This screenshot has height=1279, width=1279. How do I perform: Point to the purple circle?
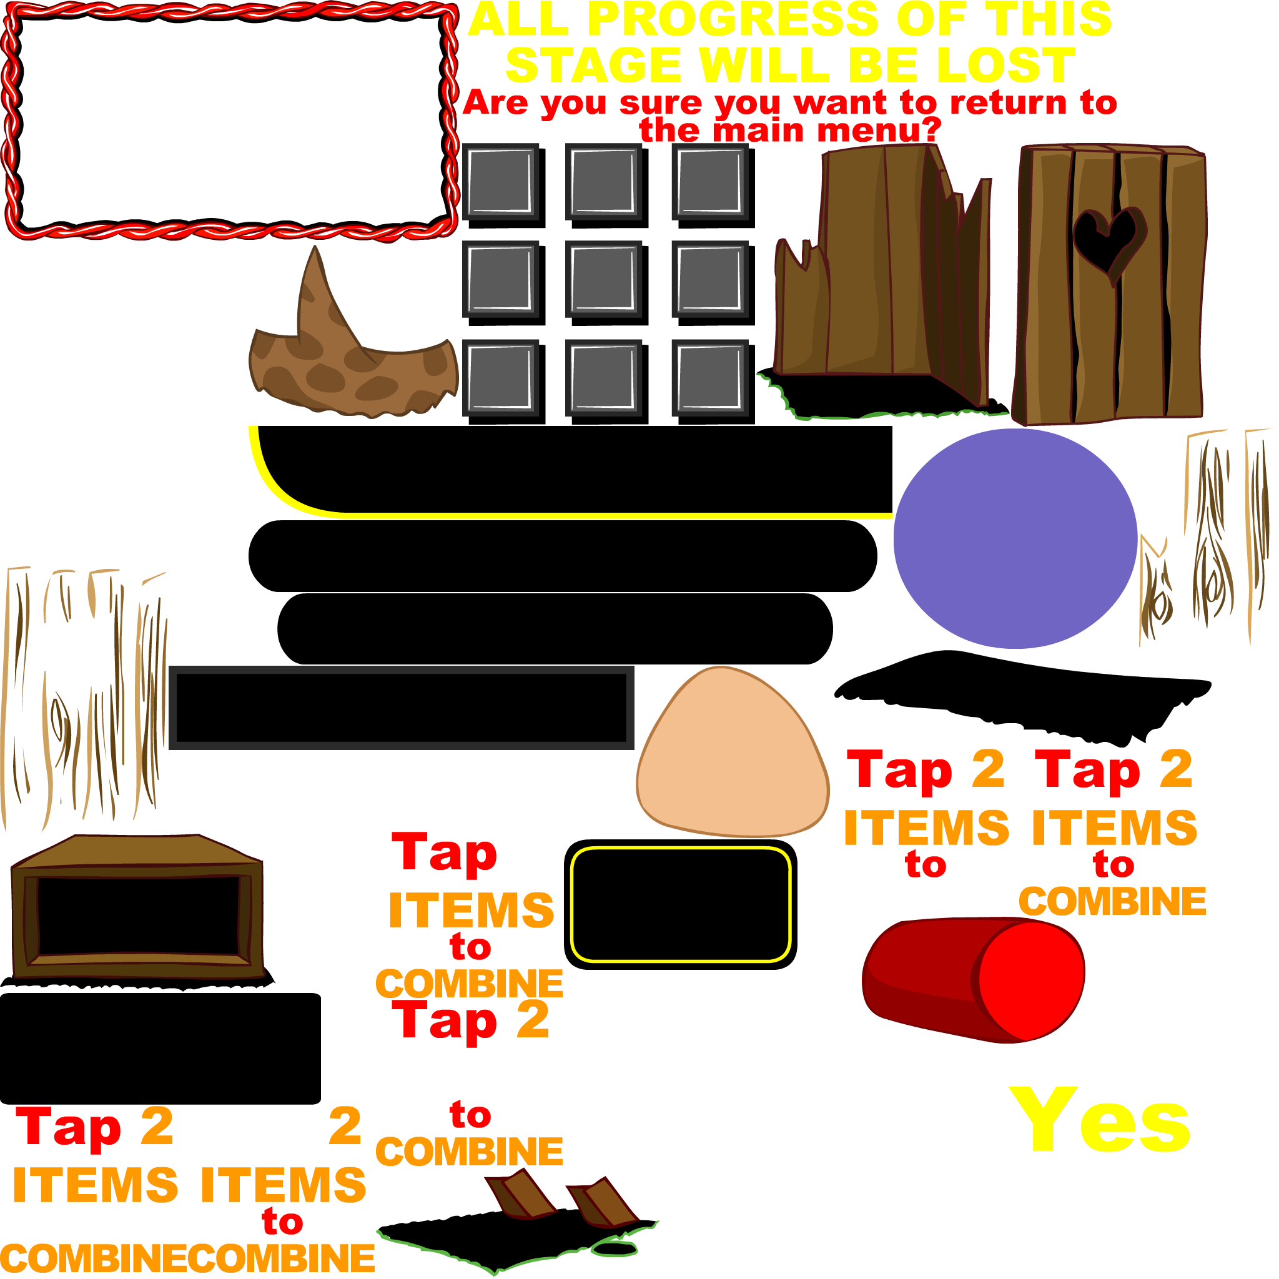[x=1015, y=538]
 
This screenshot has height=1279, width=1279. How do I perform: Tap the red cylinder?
[x=973, y=980]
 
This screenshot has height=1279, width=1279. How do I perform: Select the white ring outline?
[x=748, y=1161]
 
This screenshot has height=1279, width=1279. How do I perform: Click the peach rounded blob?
[x=731, y=754]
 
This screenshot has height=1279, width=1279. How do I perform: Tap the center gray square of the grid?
[x=603, y=279]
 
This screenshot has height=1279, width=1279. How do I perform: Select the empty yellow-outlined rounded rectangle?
[x=681, y=904]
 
